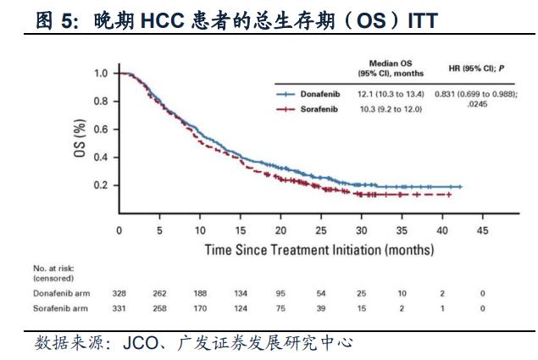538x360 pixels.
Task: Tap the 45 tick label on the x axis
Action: pyautogui.click(x=483, y=230)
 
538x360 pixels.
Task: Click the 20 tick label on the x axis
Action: pyautogui.click(x=280, y=230)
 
